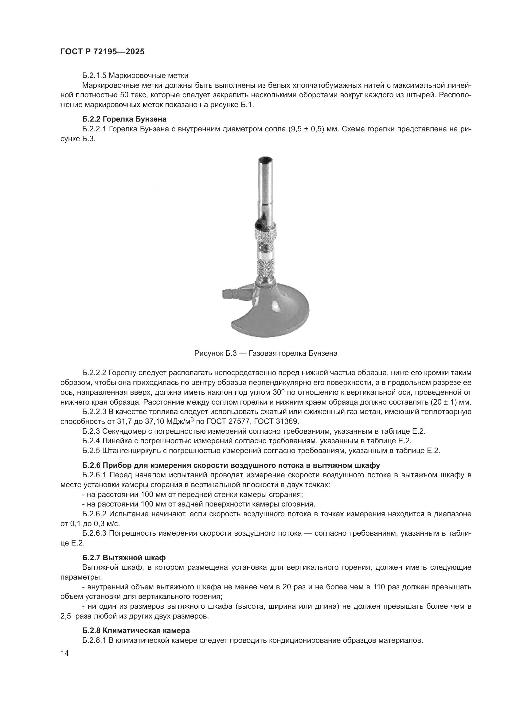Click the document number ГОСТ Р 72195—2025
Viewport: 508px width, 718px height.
point(102,52)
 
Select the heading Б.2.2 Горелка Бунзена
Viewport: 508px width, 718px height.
point(124,119)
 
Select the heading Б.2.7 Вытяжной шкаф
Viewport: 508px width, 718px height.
point(124,558)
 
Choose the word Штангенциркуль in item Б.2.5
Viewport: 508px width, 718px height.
point(129,451)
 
